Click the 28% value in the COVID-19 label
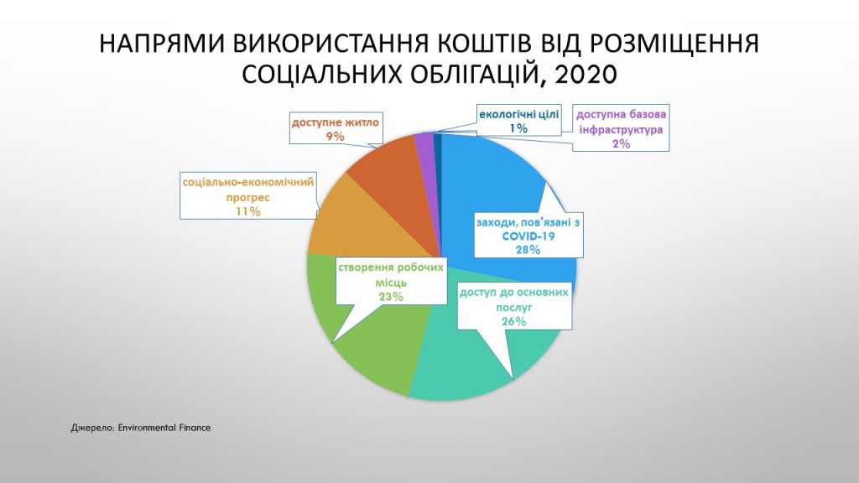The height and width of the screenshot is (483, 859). point(528,250)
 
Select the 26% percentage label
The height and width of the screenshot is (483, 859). point(514,321)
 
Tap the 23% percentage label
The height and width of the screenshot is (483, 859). point(391,297)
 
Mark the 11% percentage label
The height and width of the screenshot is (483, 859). point(247,211)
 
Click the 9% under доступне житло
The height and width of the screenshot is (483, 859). point(336,137)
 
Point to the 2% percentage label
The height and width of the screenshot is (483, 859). point(622,144)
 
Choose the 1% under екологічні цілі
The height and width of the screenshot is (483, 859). point(518,128)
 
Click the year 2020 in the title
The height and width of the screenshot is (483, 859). point(586,75)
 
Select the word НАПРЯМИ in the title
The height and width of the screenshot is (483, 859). point(162,44)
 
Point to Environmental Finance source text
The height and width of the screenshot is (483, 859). point(164,428)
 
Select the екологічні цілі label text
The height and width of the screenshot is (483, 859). point(518,114)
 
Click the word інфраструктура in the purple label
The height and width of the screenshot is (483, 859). point(622,130)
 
